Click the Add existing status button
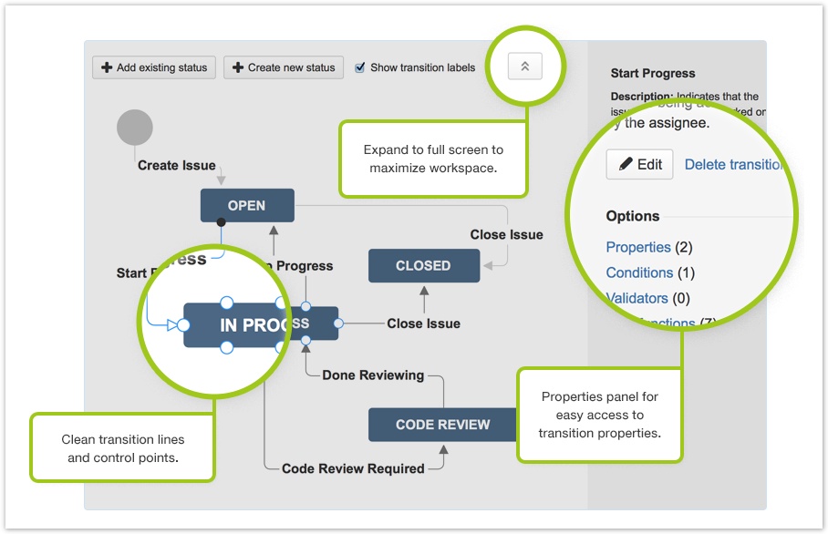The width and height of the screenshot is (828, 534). click(x=154, y=67)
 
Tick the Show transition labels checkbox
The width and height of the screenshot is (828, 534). click(x=360, y=67)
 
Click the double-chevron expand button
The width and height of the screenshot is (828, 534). click(x=525, y=66)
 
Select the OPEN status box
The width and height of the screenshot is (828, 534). click(x=247, y=205)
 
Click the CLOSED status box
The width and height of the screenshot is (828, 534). click(x=423, y=266)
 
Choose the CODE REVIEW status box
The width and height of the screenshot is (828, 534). click(x=442, y=425)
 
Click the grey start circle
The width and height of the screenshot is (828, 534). click(x=135, y=128)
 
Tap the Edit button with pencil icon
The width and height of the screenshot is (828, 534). click(x=640, y=164)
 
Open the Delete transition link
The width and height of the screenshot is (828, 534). click(x=734, y=164)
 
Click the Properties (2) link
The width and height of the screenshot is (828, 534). click(x=638, y=247)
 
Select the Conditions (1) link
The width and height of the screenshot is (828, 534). click(x=639, y=272)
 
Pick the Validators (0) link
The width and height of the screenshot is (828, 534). click(x=638, y=298)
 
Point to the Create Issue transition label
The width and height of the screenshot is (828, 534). click(x=177, y=166)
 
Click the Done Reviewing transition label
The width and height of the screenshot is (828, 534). click(x=373, y=375)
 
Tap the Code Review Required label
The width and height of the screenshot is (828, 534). click(x=353, y=468)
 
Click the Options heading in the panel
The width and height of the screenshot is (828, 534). click(x=633, y=216)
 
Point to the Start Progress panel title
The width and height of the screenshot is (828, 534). click(x=653, y=73)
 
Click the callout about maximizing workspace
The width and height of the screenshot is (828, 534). click(x=433, y=159)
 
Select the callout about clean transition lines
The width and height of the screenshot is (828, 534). click(x=122, y=448)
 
